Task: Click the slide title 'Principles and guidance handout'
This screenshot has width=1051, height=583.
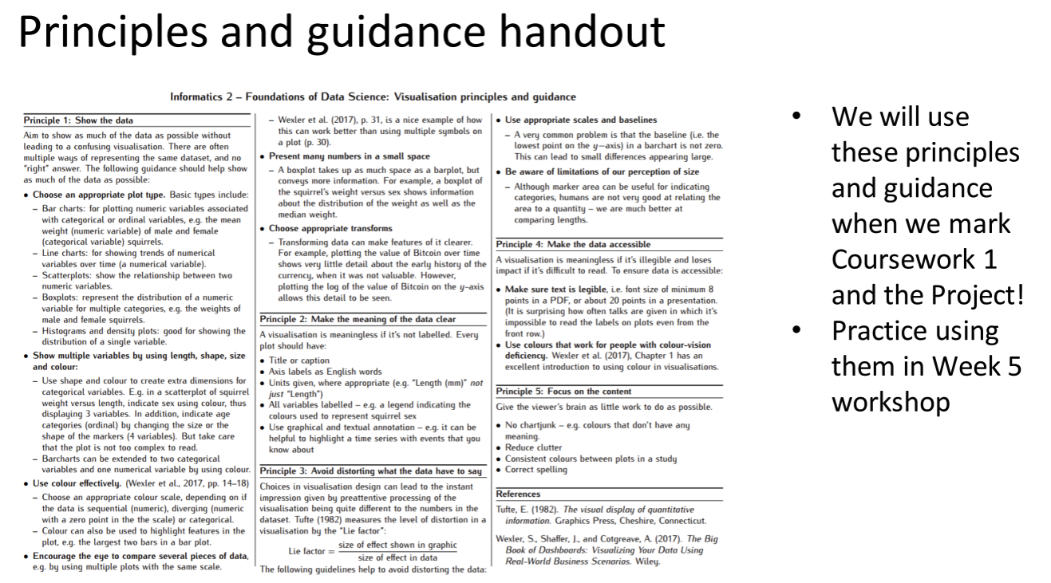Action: click(342, 33)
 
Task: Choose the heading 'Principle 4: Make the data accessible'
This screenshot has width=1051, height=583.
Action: click(573, 244)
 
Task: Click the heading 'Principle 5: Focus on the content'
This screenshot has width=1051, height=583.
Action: click(563, 392)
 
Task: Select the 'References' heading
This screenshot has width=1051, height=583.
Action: click(518, 494)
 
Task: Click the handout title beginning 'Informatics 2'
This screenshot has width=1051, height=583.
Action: click(373, 97)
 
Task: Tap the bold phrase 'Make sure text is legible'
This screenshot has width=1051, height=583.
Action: click(567, 289)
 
